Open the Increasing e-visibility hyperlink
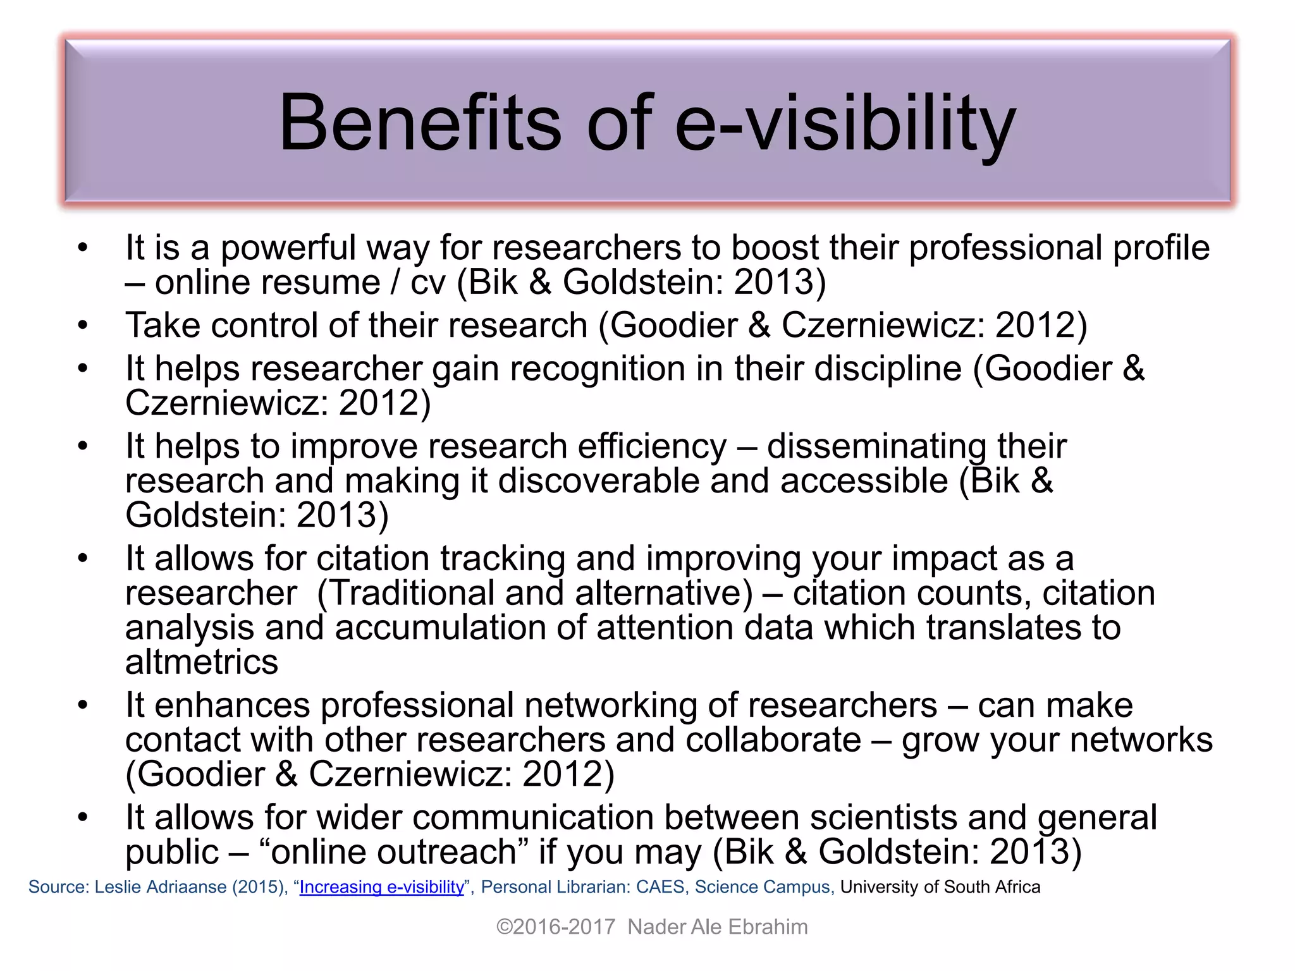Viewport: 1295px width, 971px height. tap(381, 887)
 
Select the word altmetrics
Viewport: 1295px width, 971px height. tap(202, 663)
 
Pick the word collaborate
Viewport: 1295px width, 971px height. tap(773, 740)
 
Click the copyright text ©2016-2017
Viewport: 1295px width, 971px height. tap(555, 927)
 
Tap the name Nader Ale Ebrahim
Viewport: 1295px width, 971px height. tap(718, 927)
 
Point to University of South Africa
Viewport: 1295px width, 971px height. tap(940, 887)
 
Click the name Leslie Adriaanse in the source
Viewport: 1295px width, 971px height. tap(161, 887)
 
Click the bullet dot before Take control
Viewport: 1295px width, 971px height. tap(83, 326)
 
